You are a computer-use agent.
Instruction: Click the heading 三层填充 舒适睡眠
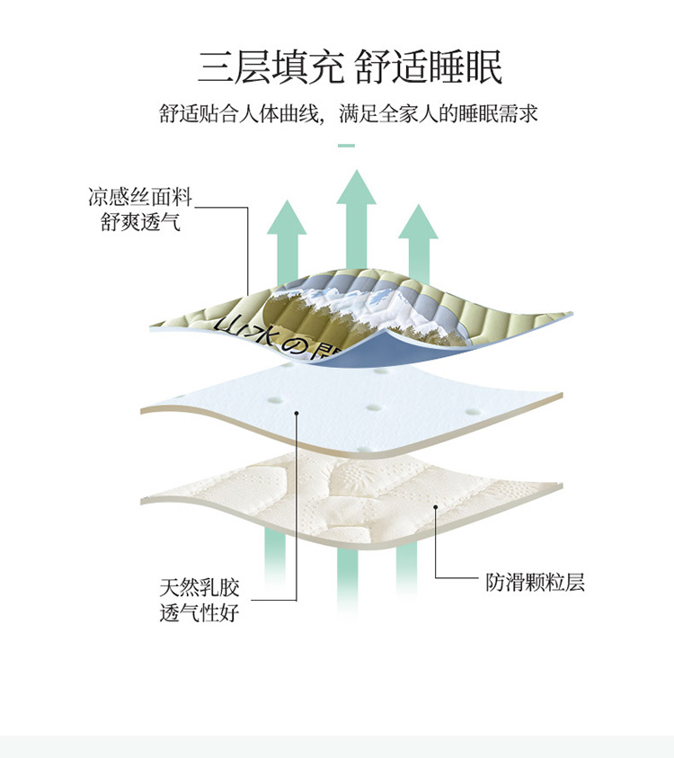(x=350, y=67)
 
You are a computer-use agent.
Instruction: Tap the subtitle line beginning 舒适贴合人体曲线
(x=349, y=113)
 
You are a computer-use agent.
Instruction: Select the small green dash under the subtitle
(x=346, y=145)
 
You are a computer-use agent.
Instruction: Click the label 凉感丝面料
(x=140, y=197)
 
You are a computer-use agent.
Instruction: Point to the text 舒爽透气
(x=140, y=222)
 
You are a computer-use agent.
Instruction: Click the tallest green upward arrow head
(x=356, y=187)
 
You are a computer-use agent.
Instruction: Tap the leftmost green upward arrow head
(x=287, y=217)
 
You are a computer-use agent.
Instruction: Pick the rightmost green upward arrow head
(x=418, y=221)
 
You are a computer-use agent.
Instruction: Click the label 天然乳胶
(x=200, y=587)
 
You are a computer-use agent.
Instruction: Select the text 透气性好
(x=200, y=612)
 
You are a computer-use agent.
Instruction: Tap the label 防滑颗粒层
(x=536, y=582)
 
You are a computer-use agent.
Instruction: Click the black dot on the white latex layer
(x=297, y=413)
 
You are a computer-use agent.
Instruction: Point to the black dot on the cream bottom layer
(x=435, y=507)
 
